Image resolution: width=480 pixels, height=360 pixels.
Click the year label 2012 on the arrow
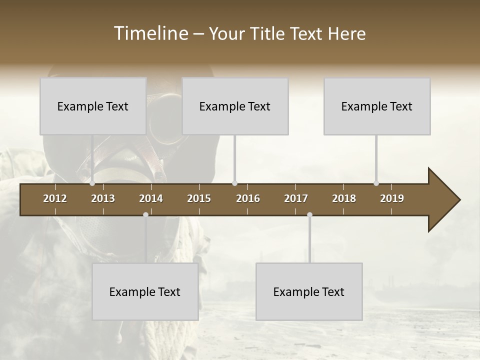tap(55, 198)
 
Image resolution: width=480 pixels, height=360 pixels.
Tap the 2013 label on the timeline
tap(103, 198)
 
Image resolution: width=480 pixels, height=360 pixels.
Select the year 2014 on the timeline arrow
tap(151, 198)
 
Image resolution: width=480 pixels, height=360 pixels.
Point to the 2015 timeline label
tap(199, 198)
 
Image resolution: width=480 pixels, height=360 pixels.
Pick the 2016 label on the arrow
tap(248, 198)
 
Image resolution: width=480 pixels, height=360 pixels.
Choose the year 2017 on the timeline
tap(296, 198)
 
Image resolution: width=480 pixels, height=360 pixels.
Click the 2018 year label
tap(344, 198)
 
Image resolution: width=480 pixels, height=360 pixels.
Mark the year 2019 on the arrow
tap(392, 198)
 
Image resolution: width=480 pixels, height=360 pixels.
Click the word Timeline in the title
tap(150, 33)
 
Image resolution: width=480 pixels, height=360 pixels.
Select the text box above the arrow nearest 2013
tap(93, 106)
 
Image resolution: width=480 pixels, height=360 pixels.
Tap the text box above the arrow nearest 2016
tap(235, 106)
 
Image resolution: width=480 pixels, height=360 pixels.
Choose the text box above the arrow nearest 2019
tap(377, 106)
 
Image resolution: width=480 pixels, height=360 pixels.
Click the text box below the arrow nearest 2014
tap(145, 291)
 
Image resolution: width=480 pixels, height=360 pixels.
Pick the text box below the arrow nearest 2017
tap(309, 291)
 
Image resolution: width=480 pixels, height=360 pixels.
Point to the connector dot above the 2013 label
tap(92, 183)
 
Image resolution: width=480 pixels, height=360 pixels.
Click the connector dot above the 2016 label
tap(235, 183)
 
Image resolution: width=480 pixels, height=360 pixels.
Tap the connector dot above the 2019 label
tap(376, 183)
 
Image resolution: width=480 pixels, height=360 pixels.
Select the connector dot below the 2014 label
tap(145, 214)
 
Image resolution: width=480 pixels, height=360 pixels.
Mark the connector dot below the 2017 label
tap(309, 214)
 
